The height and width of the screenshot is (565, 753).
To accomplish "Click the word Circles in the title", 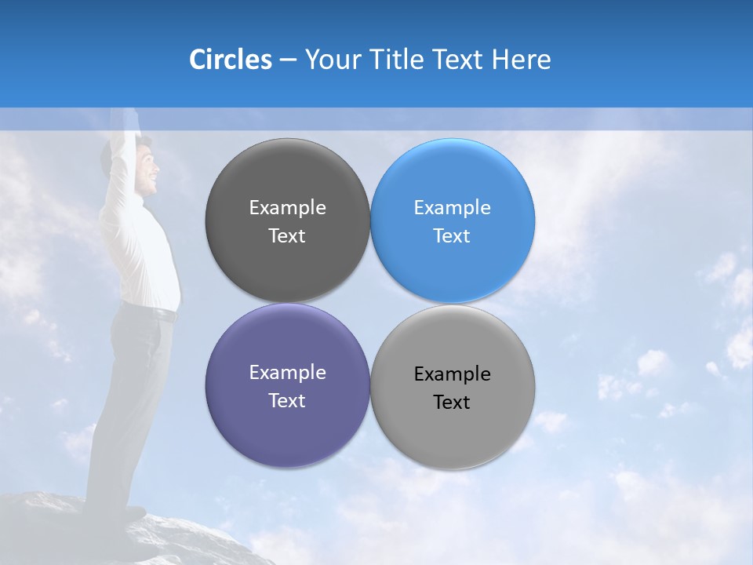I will [x=230, y=60].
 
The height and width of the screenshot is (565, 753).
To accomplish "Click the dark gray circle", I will [x=287, y=221].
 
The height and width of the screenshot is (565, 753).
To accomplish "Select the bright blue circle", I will [x=453, y=221].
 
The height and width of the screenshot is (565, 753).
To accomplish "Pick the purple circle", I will [x=287, y=385].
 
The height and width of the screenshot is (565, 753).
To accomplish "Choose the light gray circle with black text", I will [x=453, y=387].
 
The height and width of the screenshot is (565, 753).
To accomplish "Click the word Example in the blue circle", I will [x=453, y=208].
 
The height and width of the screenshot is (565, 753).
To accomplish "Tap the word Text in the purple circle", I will [x=287, y=400].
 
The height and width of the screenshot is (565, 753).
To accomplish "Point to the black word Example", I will [x=453, y=374].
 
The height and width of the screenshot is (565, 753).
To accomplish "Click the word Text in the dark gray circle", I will [x=287, y=235].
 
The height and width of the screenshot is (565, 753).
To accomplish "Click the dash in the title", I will [x=288, y=60].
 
